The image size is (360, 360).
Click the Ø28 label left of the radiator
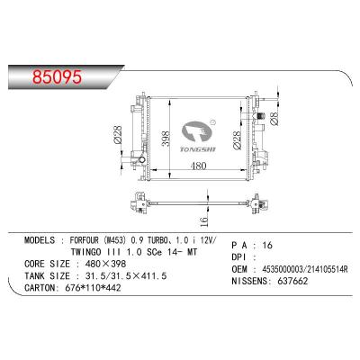pyautogui.click(x=119, y=135)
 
